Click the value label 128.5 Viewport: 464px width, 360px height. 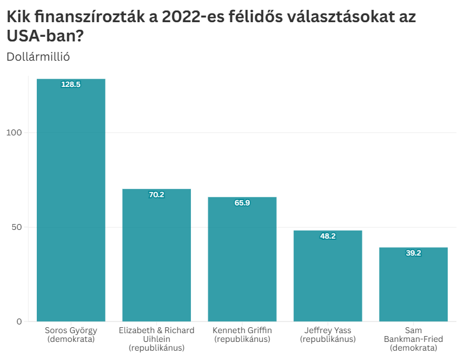click(x=71, y=85)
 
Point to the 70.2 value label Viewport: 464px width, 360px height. click(x=156, y=195)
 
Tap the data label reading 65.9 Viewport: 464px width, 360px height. click(x=242, y=203)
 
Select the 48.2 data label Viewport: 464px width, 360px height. click(x=327, y=236)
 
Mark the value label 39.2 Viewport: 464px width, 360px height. click(x=413, y=253)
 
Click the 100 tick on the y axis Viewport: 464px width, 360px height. click(x=14, y=132)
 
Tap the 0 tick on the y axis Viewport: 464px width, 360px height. click(x=19, y=321)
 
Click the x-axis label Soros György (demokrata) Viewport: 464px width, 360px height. click(x=71, y=334)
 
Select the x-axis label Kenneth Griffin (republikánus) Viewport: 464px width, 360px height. click(x=242, y=334)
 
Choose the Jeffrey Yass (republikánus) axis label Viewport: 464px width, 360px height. click(x=327, y=334)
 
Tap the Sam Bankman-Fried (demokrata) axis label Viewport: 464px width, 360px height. click(x=413, y=339)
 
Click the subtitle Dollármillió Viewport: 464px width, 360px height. click(x=38, y=57)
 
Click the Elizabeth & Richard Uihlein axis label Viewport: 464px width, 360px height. click(x=156, y=339)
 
